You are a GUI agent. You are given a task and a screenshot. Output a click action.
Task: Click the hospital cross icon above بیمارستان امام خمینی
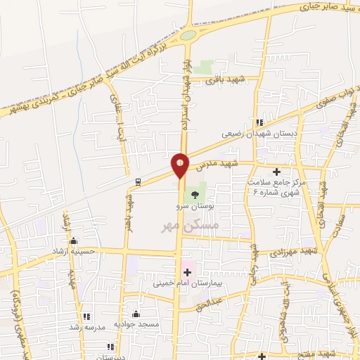pos(187,272)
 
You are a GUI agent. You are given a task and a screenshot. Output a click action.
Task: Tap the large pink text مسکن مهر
pos(191,226)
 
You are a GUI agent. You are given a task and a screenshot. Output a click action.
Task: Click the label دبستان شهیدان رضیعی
pos(260,132)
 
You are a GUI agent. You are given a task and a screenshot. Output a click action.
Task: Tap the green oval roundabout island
pos(188,34)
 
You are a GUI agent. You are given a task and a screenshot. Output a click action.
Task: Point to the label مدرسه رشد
pos(86,327)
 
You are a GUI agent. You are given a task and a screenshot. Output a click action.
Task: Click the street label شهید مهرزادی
pos(318,250)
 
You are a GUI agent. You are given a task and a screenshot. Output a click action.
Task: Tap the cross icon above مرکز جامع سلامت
pos(276,172)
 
